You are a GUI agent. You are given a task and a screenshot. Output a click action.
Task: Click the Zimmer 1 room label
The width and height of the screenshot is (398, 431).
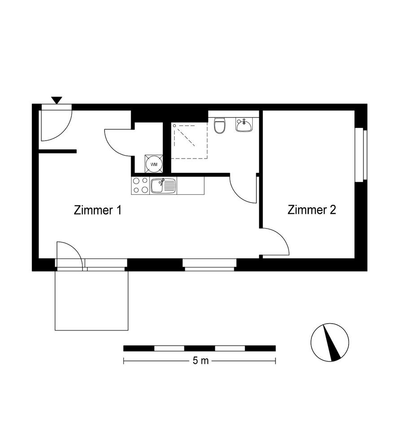coord(97,210)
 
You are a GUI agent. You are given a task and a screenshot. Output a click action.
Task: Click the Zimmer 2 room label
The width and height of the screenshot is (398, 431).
coord(311,210)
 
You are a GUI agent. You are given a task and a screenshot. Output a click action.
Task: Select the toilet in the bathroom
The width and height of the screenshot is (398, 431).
coord(220,126)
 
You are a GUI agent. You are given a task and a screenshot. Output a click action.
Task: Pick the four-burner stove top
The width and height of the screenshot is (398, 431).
coord(140,185)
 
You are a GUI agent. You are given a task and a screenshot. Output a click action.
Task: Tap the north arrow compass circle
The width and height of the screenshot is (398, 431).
coord(330,342)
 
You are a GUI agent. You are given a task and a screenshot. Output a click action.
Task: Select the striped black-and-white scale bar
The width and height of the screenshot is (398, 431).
coord(199,348)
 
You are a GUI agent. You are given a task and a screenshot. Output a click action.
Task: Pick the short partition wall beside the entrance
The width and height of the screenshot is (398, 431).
coord(57,151)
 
